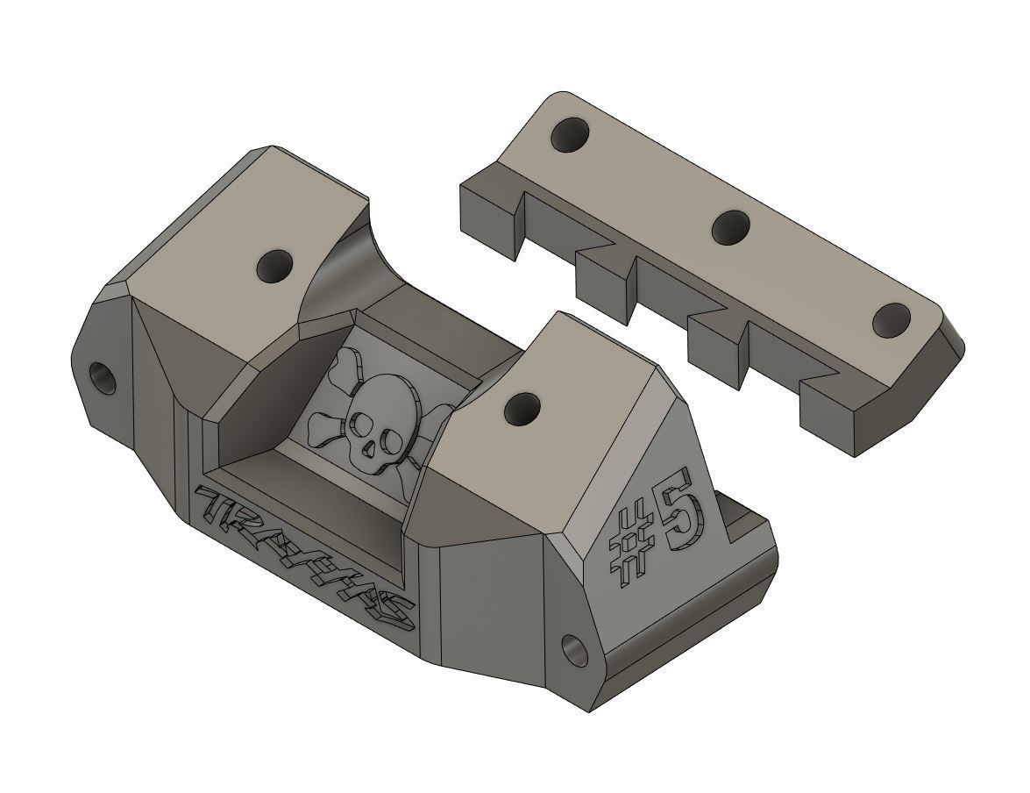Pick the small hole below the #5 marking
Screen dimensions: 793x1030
pos(576,650)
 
